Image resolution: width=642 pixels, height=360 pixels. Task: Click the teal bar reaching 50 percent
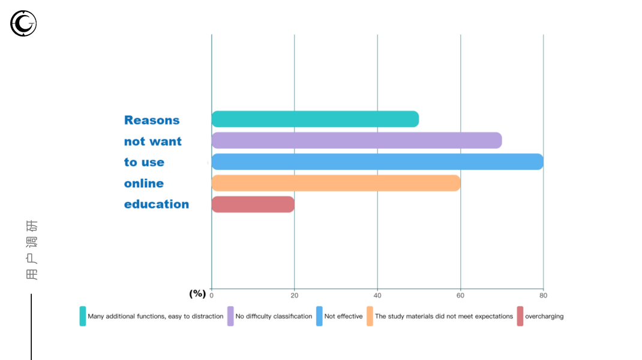point(315,119)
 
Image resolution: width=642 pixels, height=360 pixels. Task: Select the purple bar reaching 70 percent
point(356,140)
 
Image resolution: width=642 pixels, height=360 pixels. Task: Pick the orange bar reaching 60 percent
point(336,183)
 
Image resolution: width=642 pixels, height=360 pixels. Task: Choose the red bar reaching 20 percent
point(253,204)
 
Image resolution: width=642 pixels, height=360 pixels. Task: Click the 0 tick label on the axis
point(212,295)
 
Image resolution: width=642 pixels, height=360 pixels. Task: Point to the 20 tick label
point(294,295)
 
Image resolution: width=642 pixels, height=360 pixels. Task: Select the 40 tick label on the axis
point(377,295)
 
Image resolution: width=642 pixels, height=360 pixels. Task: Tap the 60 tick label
point(460,295)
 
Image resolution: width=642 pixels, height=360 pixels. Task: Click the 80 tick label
point(543,295)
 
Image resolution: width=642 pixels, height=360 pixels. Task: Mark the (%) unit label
point(197,293)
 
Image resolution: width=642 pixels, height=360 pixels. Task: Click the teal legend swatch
point(83,316)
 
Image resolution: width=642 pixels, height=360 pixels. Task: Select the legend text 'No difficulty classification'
point(274,316)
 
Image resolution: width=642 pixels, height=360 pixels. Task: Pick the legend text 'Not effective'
point(343,316)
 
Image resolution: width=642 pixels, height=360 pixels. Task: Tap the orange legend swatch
point(370,316)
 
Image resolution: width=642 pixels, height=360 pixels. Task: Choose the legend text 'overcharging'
point(544,316)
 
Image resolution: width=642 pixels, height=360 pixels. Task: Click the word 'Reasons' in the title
point(152,120)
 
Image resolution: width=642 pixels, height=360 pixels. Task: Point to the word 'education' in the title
point(156,204)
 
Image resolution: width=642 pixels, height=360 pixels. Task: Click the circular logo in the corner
point(23,23)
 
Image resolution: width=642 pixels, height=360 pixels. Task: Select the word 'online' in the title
point(144,183)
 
